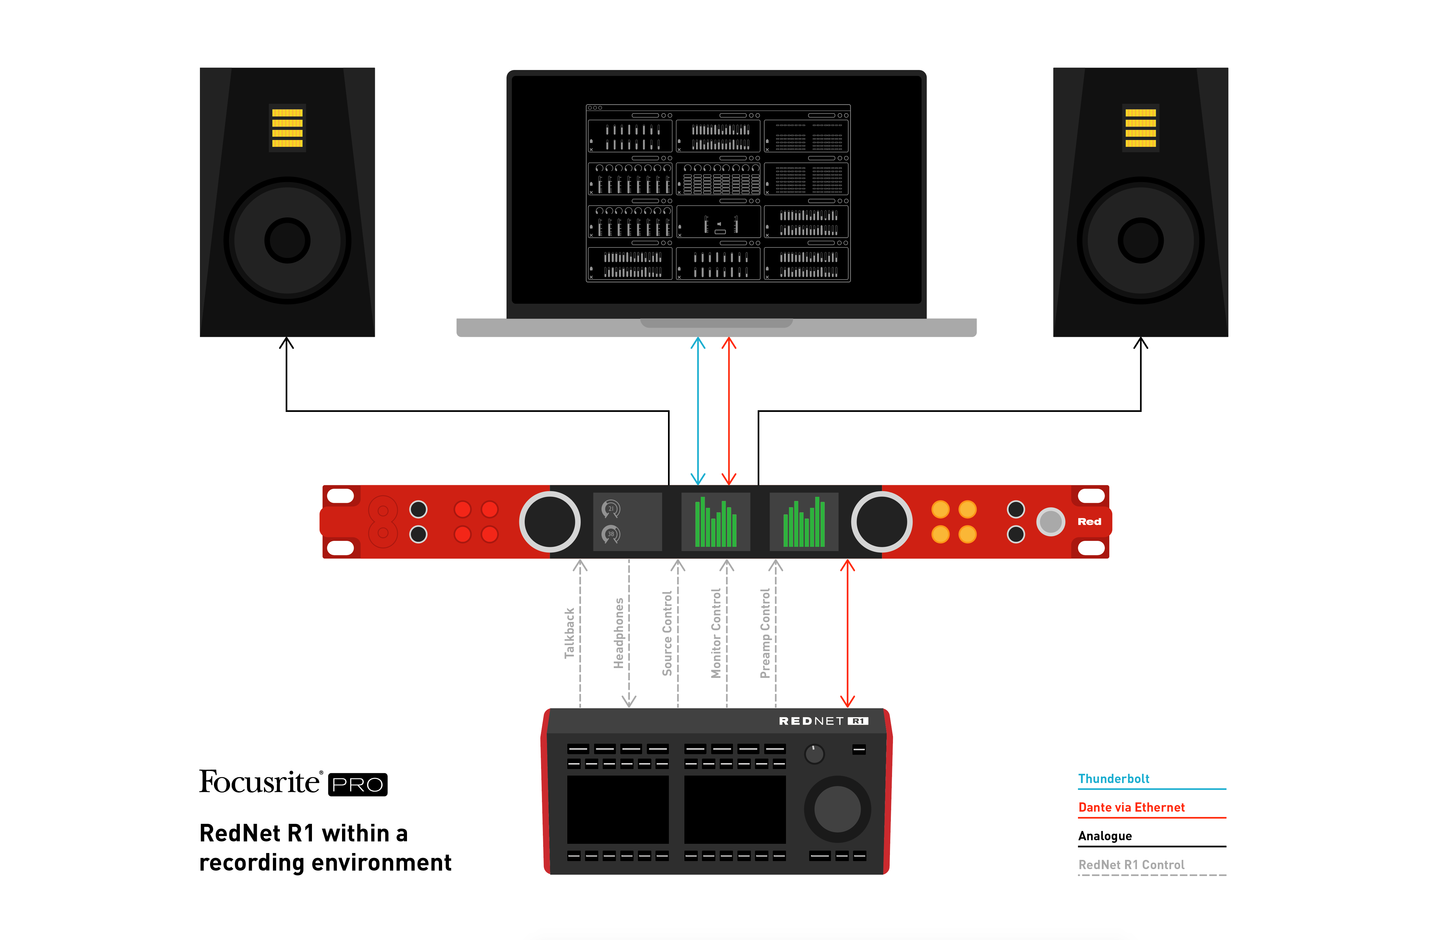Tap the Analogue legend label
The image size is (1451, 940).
(x=1105, y=836)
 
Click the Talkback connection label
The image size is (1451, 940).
(x=569, y=633)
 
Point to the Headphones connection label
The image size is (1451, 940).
(x=618, y=633)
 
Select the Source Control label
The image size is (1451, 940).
(x=667, y=633)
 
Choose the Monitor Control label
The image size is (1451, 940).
(x=716, y=633)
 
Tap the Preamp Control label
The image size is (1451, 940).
(x=765, y=633)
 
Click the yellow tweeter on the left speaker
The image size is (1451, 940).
(x=287, y=128)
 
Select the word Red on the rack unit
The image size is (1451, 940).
(x=1089, y=522)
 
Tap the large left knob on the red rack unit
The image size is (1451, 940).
(x=549, y=522)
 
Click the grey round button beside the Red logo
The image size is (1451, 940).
(x=1051, y=522)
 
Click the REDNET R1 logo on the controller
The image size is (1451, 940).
(x=823, y=721)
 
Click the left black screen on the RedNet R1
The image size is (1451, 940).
(x=618, y=809)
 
